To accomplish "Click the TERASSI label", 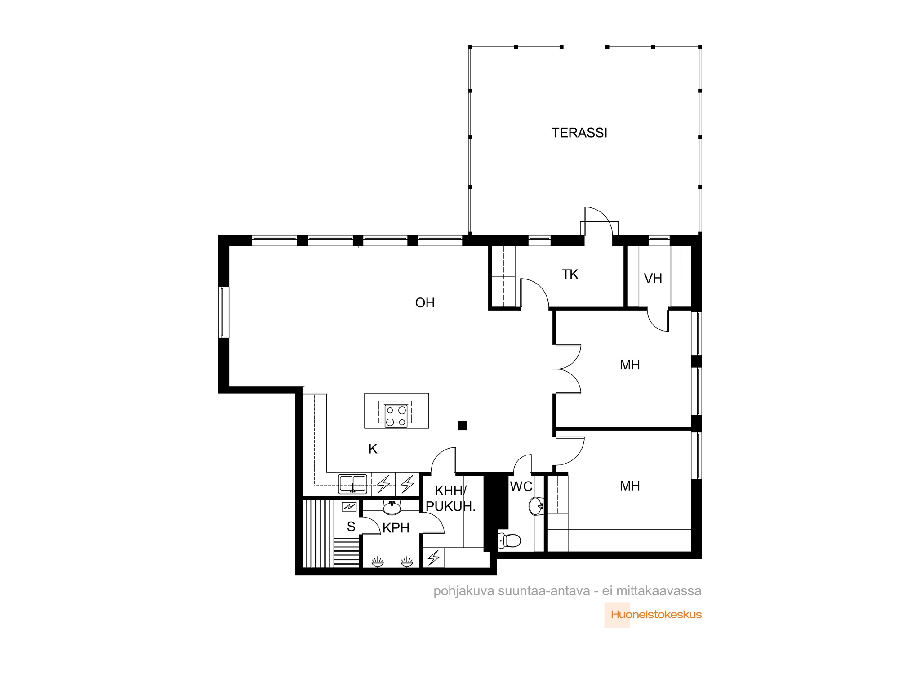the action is (x=579, y=133).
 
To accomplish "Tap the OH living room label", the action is (x=425, y=303).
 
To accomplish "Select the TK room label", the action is (x=570, y=274).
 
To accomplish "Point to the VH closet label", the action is (x=653, y=279).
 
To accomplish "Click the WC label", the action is (x=521, y=486).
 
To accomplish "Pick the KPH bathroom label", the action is (x=396, y=528).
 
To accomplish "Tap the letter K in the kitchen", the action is (x=373, y=449).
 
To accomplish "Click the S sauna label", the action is (x=351, y=526).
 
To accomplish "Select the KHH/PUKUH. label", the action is (x=450, y=498).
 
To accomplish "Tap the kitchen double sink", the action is (x=353, y=484).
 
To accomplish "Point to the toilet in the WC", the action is (x=509, y=540).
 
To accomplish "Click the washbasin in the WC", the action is (x=536, y=506).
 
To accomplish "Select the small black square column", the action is (x=463, y=425).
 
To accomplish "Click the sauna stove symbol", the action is (x=349, y=507).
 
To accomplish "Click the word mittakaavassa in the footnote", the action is (x=659, y=591).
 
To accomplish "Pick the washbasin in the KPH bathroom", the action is (x=392, y=508).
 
